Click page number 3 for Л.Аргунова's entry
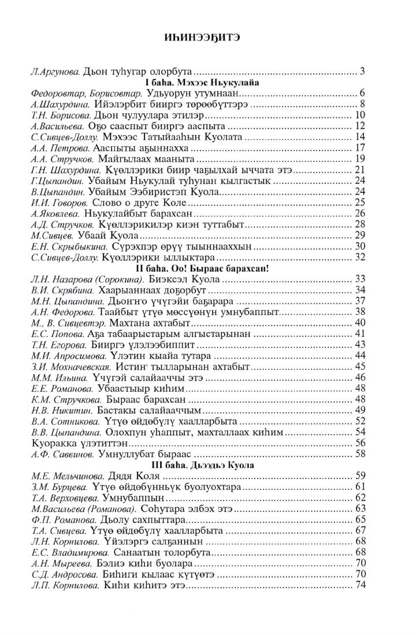362,72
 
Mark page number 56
361,443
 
